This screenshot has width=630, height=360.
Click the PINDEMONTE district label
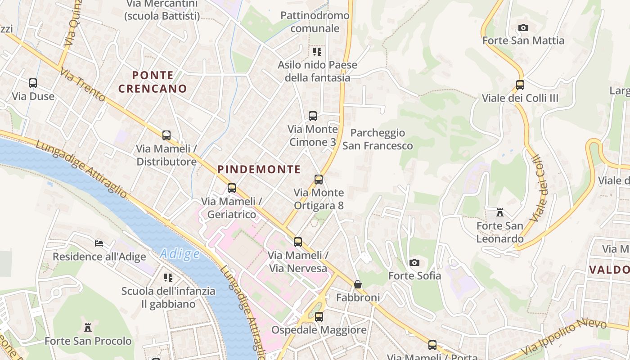pyautogui.click(x=259, y=170)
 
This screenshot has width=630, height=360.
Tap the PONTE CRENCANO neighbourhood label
pyautogui.click(x=153, y=82)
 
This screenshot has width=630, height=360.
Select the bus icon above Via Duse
pyautogui.click(x=33, y=83)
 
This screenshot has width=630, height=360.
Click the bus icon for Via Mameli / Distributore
pyautogui.click(x=166, y=135)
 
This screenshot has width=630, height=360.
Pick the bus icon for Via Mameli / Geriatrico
pyautogui.click(x=232, y=188)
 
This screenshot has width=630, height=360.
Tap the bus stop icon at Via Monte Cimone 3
pyautogui.click(x=313, y=116)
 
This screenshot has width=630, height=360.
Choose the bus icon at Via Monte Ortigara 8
pyautogui.click(x=319, y=180)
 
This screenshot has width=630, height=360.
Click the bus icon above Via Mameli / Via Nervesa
pyautogui.click(x=298, y=242)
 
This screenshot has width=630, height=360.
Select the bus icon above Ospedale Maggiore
pyautogui.click(x=319, y=317)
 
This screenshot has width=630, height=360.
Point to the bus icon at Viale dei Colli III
pyautogui.click(x=520, y=85)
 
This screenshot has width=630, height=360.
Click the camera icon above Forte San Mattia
pyautogui.click(x=523, y=28)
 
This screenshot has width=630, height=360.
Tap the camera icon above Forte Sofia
pyautogui.click(x=414, y=262)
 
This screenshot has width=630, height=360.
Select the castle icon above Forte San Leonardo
pyautogui.click(x=499, y=212)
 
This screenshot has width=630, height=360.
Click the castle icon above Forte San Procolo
pyautogui.click(x=88, y=328)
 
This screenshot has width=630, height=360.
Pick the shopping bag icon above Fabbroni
pyautogui.click(x=358, y=284)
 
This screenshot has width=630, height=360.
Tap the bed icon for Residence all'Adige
pyautogui.click(x=99, y=243)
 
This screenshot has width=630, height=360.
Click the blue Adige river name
pyautogui.click(x=180, y=254)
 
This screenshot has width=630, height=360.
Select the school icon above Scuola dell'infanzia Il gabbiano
pyautogui.click(x=168, y=278)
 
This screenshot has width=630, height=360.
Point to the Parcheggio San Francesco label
pyautogui.click(x=378, y=139)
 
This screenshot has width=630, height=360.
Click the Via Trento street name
pyautogui.click(x=83, y=85)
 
